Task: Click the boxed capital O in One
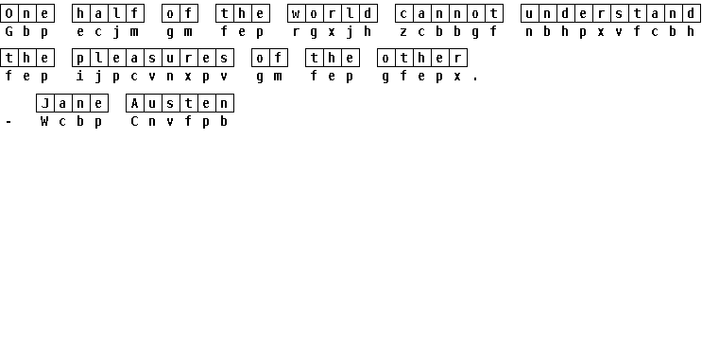(9, 13)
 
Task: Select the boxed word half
(109, 13)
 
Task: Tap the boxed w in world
(297, 13)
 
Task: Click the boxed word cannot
(450, 13)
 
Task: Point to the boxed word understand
(610, 13)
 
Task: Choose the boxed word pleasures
(153, 59)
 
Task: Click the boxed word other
(422, 59)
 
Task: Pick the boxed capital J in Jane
(45, 103)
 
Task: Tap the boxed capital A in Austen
(135, 103)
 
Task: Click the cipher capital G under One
(9, 31)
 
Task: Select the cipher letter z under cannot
(403, 31)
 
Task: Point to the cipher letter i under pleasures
(80, 76)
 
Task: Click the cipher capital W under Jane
(44, 121)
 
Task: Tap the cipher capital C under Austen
(134, 121)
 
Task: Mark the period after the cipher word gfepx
(475, 79)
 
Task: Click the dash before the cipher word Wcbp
(9, 122)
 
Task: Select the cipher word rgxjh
(332, 31)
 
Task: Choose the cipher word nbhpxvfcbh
(610, 31)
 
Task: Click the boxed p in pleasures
(80, 59)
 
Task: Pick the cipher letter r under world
(297, 31)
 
